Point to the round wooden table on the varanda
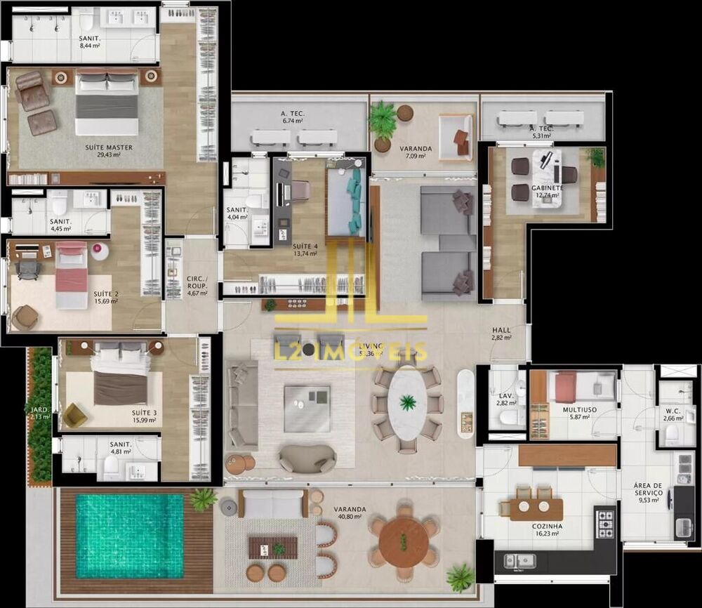point(404,541)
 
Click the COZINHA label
point(547,526)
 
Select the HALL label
point(501,330)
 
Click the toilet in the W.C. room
point(672,435)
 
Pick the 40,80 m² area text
point(349,517)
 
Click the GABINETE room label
point(548,188)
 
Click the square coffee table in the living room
point(307,408)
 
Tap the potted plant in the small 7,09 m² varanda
point(383,123)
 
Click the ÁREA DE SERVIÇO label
point(647,489)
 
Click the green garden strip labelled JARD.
point(40,414)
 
